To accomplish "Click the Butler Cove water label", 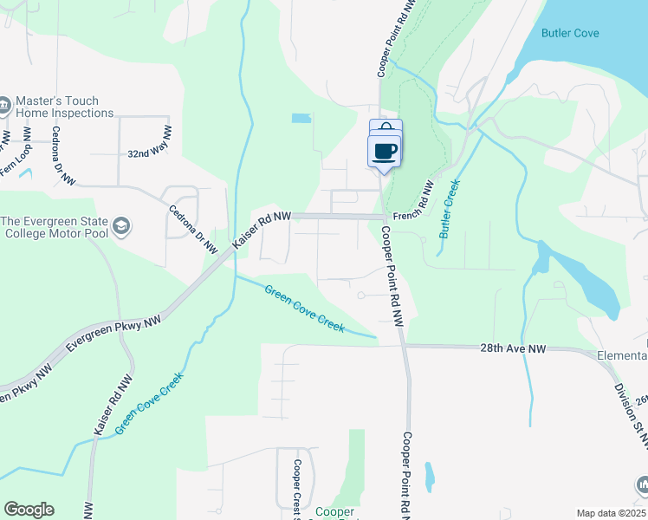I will coord(569,33).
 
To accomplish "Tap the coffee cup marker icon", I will coord(386,151).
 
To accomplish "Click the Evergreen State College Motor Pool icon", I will coord(122,226).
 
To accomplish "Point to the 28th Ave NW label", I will coord(512,348).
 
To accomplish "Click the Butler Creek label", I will coord(448,210).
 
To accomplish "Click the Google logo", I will coord(29,510).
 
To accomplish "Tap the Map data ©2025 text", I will coord(611,513).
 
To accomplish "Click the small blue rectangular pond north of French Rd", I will coord(301,118).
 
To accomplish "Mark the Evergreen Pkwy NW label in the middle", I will coord(113,332).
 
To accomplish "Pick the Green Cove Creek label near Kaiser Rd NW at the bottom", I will coord(149,405).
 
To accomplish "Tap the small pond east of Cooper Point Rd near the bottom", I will coord(429,477).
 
